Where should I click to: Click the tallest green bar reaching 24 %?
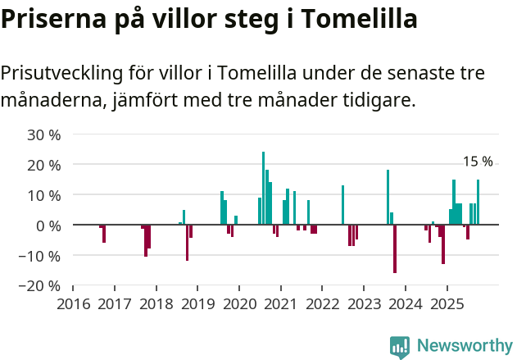pyautogui.click(x=263, y=188)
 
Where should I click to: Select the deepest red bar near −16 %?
pyautogui.click(x=395, y=248)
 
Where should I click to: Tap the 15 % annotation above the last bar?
pyautogui.click(x=478, y=162)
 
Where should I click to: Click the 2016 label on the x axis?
pyautogui.click(x=73, y=304)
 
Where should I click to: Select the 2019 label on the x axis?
pyautogui.click(x=197, y=304)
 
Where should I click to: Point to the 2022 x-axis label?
pyautogui.click(x=322, y=304)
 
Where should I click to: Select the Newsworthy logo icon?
pyautogui.click(x=400, y=347)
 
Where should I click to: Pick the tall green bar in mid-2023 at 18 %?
pyautogui.click(x=388, y=197)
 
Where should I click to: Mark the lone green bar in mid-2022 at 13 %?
pyautogui.click(x=342, y=205)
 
